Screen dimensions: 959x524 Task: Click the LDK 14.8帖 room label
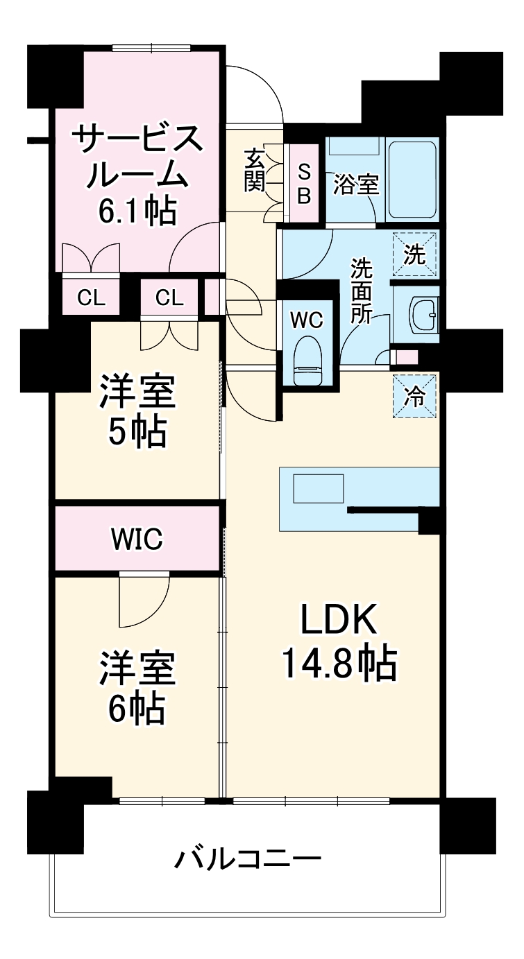(338, 641)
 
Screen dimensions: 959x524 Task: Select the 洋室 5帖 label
(137, 411)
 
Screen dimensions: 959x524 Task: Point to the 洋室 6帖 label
(137, 686)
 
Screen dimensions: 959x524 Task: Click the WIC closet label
(137, 538)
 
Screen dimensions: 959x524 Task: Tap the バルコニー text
(247, 860)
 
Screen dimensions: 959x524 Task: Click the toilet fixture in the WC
(305, 361)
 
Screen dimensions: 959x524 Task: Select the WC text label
(305, 320)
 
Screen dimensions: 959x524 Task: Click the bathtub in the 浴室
(412, 180)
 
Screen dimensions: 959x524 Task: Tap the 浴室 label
(355, 186)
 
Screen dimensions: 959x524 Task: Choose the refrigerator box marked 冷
(414, 397)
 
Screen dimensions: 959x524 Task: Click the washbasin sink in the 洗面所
(423, 313)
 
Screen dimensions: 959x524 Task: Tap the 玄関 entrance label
(254, 170)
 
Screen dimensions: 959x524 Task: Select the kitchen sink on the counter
(318, 489)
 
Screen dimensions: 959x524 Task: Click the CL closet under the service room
(91, 298)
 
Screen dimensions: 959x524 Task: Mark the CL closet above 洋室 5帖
(169, 298)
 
